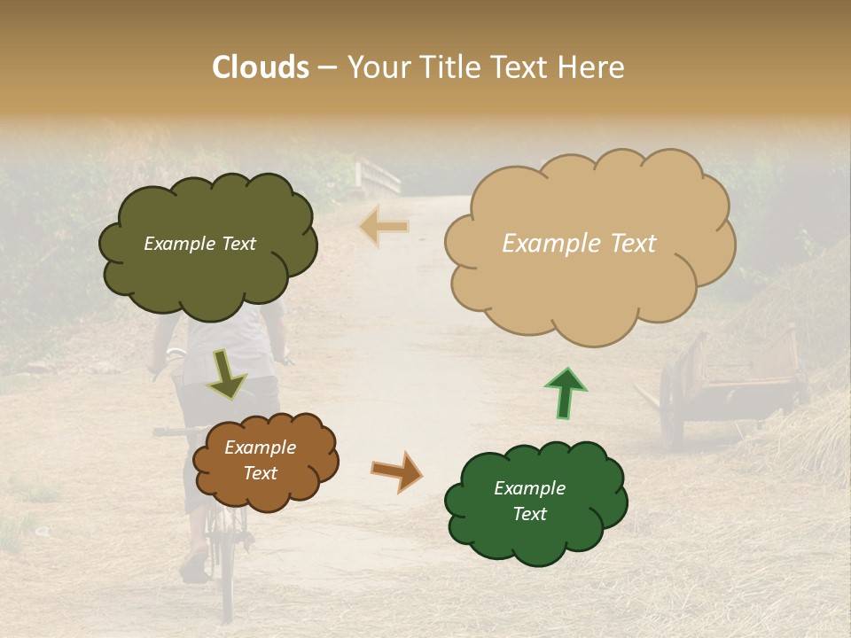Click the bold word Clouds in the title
click(x=261, y=67)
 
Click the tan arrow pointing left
click(x=385, y=227)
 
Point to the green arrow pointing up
click(x=566, y=393)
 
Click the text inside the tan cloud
click(x=579, y=244)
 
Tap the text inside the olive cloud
click(x=199, y=244)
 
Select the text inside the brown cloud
click(x=260, y=461)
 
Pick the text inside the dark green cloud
click(x=529, y=501)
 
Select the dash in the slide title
click(x=327, y=67)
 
